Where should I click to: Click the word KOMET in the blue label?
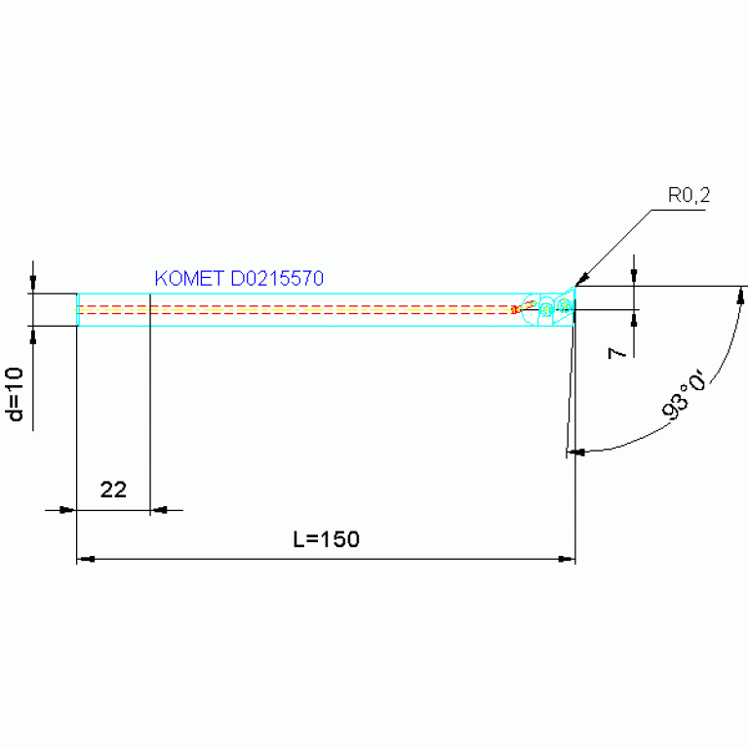pos(189,278)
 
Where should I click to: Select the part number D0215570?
pos(277,278)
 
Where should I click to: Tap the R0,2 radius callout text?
pos(689,196)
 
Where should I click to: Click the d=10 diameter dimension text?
pos(16,394)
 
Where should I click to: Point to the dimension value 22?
pos(113,490)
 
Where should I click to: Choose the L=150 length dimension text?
pos(327,539)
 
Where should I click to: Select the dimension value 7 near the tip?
pos(616,353)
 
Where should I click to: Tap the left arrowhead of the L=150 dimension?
pos(86,559)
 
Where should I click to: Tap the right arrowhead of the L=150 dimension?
pos(567,559)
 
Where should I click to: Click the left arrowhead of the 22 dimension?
pos(67,510)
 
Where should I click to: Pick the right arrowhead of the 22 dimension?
pos(159,510)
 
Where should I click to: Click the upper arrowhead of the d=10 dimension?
pos(33,284)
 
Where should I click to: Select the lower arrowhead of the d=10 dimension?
pos(33,335)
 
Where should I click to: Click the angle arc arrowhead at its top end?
pos(741,295)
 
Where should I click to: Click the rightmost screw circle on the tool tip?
pos(565,304)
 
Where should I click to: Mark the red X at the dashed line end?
pos(514,310)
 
